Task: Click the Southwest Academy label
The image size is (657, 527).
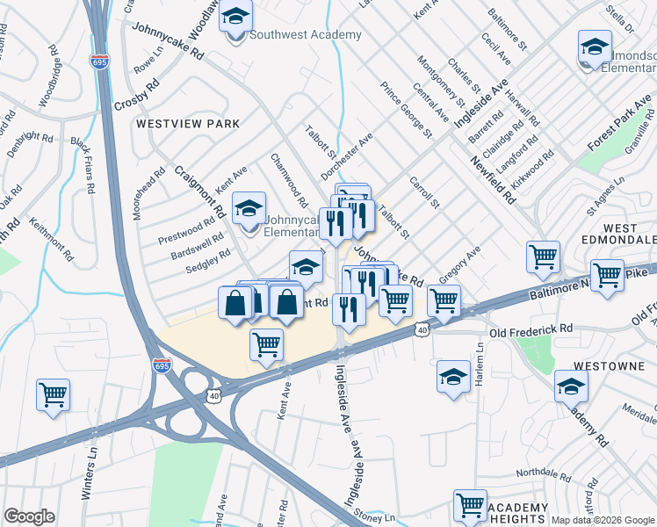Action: tap(305, 35)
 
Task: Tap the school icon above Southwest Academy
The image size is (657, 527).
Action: tap(235, 18)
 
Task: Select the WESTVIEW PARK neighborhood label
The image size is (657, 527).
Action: tap(188, 125)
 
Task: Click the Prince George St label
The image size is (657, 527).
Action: tap(407, 110)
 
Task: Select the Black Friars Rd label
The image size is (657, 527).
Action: tap(83, 166)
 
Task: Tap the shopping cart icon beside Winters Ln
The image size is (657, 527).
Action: tap(53, 393)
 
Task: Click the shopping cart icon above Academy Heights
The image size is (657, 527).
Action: tap(470, 505)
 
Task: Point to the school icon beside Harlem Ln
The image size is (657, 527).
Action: tap(452, 378)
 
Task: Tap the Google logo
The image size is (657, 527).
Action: tap(29, 516)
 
